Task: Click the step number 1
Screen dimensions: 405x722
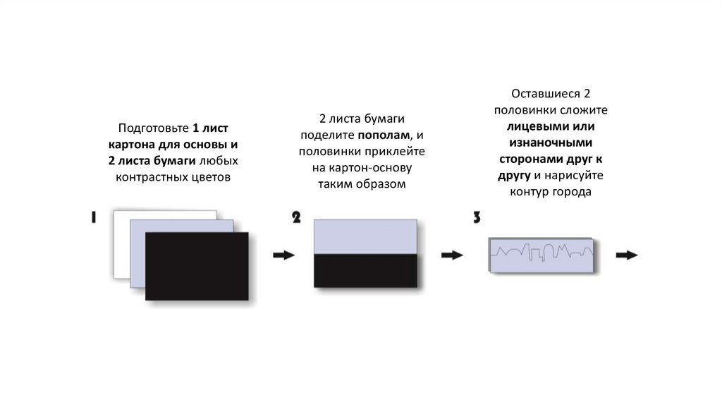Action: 94,218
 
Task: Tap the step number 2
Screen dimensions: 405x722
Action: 298,217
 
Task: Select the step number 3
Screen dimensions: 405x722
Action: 477,217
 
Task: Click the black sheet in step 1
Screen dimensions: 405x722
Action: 196,266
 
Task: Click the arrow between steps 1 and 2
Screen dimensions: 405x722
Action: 283,255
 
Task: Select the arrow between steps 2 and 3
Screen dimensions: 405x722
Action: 452,255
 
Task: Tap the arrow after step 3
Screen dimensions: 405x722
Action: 627,255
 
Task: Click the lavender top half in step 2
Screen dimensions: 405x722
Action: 365,236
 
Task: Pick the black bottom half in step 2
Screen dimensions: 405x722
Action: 365,271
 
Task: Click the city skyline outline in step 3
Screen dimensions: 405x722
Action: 541,252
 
